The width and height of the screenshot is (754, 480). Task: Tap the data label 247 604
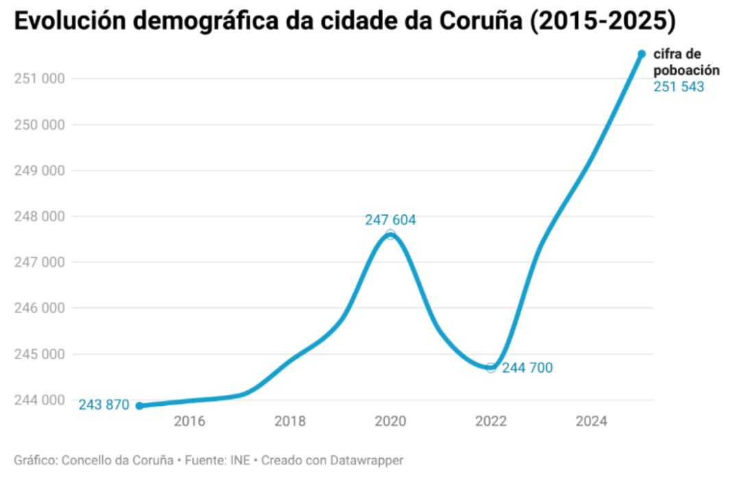coord(390,220)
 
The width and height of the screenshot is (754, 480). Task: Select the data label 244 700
coord(527,368)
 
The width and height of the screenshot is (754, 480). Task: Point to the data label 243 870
coord(104,405)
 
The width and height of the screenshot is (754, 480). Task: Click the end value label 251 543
coord(678,87)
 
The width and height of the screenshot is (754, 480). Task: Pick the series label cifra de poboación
coord(685,62)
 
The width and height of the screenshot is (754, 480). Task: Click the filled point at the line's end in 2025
coord(642,53)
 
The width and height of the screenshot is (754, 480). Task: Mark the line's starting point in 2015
coord(139,405)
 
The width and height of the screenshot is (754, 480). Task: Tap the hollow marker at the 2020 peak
coord(390,235)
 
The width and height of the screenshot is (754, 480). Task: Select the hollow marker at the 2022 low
coord(491,368)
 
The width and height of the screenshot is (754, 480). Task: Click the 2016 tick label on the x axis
coord(189,422)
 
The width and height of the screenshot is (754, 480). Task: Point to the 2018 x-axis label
coord(290,422)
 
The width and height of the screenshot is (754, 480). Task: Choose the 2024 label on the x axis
coord(592,422)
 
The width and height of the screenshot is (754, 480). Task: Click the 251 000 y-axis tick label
coord(39,79)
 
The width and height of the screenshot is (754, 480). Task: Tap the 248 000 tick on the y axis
coord(39,217)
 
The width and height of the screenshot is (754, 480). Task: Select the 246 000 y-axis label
coord(39,309)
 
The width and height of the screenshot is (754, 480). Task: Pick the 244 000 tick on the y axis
coord(39,400)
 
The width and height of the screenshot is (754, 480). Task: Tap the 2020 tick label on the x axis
coord(390,422)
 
